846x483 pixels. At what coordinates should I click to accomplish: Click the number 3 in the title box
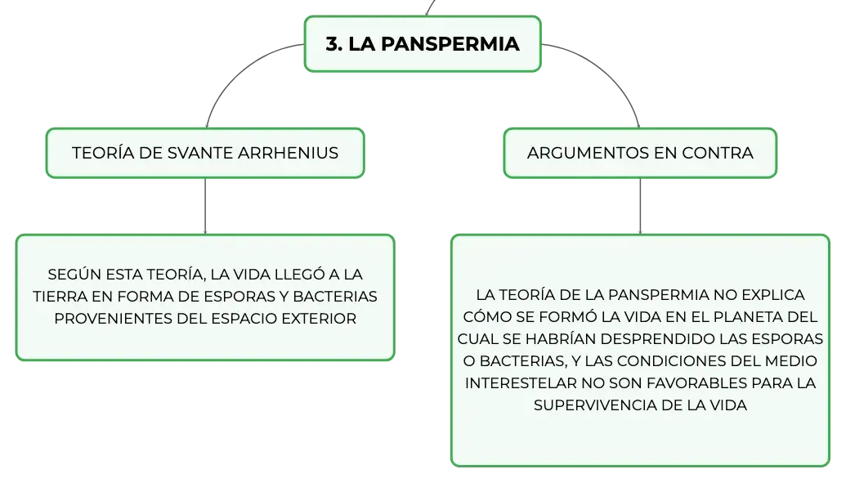(332, 43)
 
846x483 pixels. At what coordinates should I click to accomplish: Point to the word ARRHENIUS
(288, 153)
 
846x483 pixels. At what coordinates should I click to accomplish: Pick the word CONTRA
(718, 153)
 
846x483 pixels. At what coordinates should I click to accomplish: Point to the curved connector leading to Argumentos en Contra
(611, 71)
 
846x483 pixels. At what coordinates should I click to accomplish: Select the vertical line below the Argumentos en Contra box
(641, 206)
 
